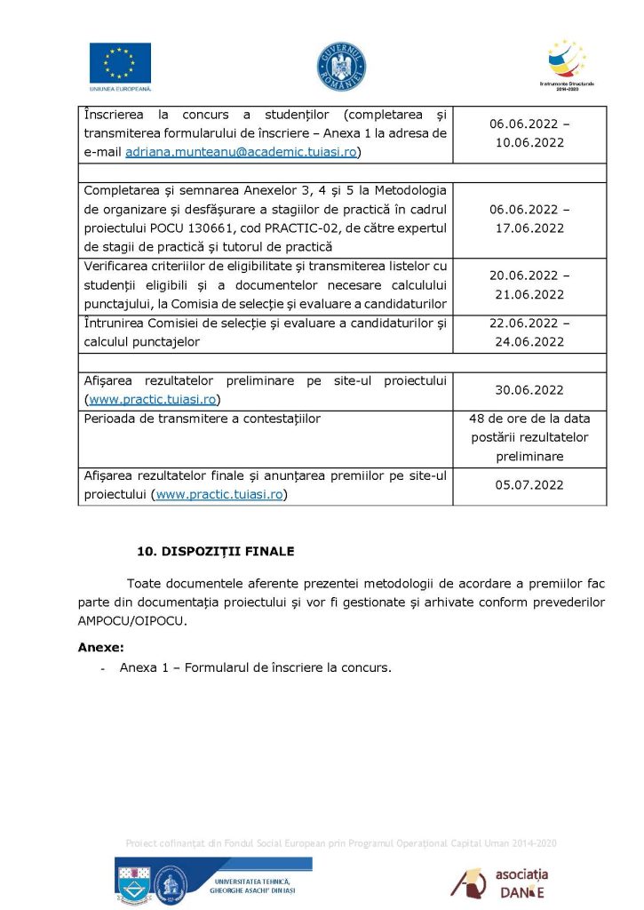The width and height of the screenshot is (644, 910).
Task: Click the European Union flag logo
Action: coord(120,64)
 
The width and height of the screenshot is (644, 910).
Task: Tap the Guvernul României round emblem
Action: coord(342,64)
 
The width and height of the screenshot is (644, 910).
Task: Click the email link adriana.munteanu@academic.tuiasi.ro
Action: coord(241,153)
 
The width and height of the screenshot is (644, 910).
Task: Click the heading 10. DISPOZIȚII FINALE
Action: coord(215,551)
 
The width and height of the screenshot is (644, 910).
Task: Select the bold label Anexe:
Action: coord(101,647)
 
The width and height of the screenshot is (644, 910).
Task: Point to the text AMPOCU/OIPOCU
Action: coord(132,621)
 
